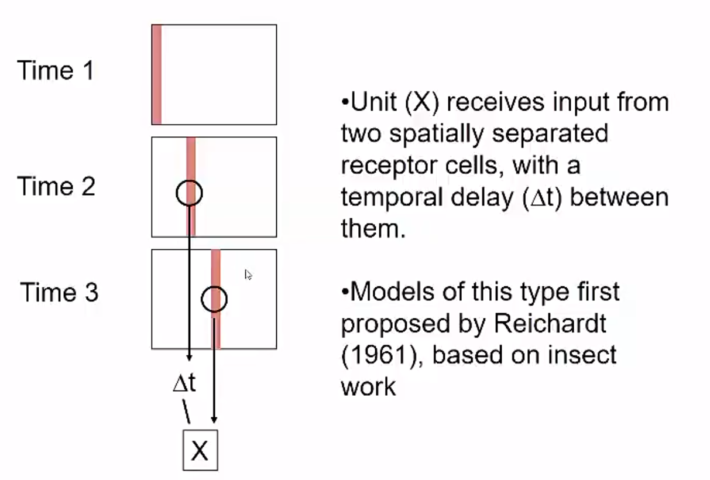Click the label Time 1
click(x=56, y=70)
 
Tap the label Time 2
click(x=56, y=186)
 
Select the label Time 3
click(x=59, y=292)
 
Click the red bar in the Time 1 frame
click(x=156, y=74)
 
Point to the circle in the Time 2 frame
click(x=189, y=193)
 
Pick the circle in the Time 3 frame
click(x=214, y=299)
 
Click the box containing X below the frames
click(x=200, y=450)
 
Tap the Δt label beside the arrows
click(x=184, y=383)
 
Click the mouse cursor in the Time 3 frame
click(x=248, y=275)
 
